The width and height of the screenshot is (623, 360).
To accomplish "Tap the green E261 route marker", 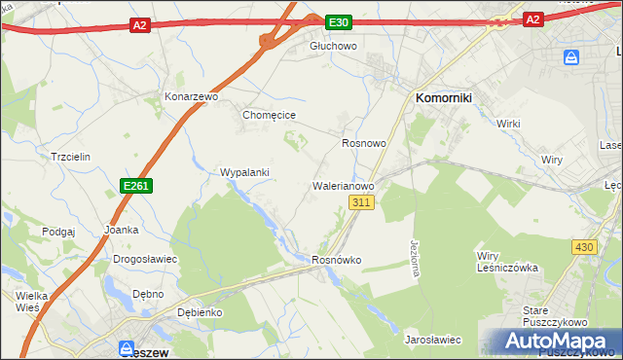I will [x=135, y=185].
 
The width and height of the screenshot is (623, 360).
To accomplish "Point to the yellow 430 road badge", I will [x=583, y=247].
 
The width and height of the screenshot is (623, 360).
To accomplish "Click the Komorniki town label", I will [x=444, y=98].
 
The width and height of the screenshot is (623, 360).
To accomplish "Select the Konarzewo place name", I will [x=191, y=98].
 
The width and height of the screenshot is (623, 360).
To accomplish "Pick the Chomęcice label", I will [x=269, y=115].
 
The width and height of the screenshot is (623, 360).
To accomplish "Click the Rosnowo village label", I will [x=364, y=143].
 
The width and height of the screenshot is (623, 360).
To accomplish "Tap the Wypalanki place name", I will [x=244, y=172].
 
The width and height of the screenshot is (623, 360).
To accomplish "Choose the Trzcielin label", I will [x=70, y=157].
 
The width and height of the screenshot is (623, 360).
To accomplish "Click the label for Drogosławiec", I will [x=144, y=260].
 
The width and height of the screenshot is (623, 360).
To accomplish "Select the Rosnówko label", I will [x=336, y=261].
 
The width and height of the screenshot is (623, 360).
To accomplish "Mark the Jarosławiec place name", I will [x=432, y=340].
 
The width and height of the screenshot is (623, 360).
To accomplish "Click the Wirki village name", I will [x=508, y=125].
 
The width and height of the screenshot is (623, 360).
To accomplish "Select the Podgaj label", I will [x=58, y=232].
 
